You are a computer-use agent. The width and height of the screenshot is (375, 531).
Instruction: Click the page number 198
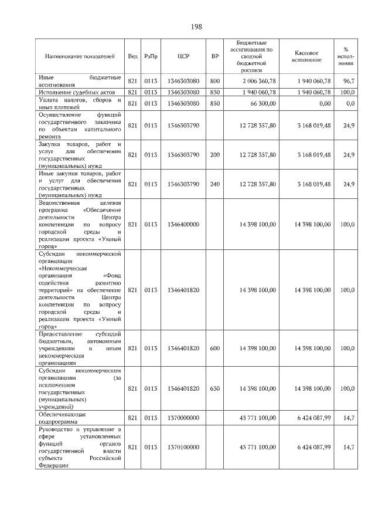(x=196, y=27)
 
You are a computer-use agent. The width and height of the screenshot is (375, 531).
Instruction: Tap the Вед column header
(x=133, y=56)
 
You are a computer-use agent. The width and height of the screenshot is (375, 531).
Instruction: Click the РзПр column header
(x=151, y=56)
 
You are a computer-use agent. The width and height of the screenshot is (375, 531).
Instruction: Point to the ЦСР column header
(x=183, y=56)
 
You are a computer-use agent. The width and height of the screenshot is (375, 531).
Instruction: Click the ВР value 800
(x=214, y=80)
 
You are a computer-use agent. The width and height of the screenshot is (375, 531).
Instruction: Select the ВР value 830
(x=214, y=92)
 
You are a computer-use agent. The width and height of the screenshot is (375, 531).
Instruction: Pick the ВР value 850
(x=214, y=103)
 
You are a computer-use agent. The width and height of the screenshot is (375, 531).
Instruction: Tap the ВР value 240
(x=214, y=184)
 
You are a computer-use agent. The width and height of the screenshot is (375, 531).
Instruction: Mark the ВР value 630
(x=214, y=388)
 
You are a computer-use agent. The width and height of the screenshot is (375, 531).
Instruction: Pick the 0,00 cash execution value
(x=323, y=103)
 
